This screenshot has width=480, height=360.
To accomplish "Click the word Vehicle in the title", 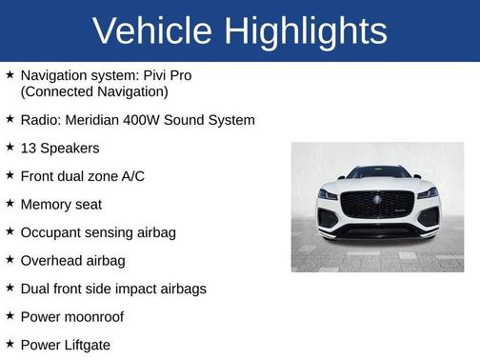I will coord(151,31).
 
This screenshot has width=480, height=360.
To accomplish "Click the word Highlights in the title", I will coord(307,31).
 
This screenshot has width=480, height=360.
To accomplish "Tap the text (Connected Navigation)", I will coord(94,91).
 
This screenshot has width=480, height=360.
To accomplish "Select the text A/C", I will coord(131,176).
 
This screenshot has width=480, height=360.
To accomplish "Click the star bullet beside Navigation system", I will coord(10,73).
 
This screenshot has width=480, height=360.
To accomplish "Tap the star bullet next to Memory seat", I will coord(10,203).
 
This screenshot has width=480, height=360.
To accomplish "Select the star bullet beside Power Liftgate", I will coord(10,343).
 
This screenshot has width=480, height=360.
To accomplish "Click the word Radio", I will coord(39,120).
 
